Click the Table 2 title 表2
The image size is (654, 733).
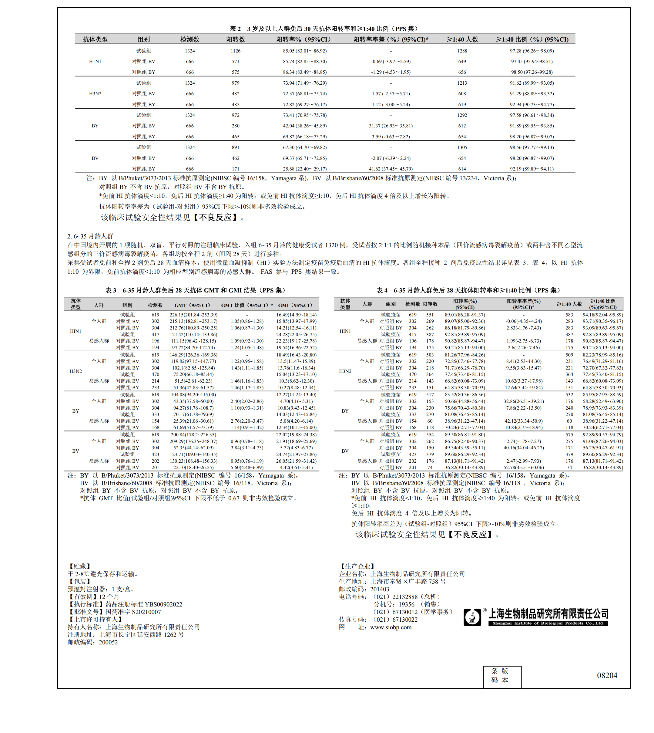[235, 29]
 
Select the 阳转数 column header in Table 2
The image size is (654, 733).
[235, 39]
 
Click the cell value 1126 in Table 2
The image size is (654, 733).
[235, 51]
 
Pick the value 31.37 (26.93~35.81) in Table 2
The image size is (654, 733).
[391, 126]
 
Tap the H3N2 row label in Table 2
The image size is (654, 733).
[95, 94]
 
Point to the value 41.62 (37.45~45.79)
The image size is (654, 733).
[391, 169]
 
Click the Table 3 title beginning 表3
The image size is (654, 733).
[110, 290]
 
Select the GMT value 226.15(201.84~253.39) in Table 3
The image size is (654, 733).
[193, 315]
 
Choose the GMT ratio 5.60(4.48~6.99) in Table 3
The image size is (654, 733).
[247, 468]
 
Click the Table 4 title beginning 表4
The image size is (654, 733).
[382, 290]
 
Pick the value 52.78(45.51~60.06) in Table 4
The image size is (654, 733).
[524, 468]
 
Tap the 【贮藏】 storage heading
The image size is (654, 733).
[79, 566]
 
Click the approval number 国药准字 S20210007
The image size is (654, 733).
[133, 612]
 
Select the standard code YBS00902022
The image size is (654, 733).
[163, 604]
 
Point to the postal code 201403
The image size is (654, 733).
[380, 589]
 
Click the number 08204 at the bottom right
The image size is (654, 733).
[607, 675]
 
